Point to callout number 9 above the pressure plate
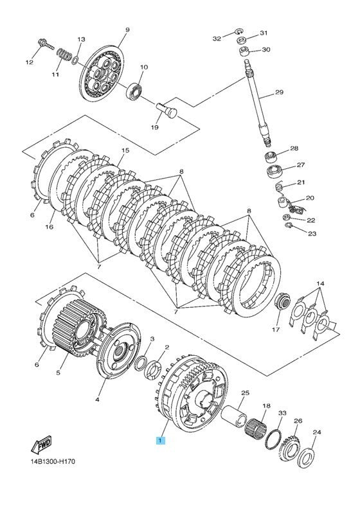coord(127,30)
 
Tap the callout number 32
coord(217,39)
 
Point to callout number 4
coord(97,400)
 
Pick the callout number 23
coord(312,233)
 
